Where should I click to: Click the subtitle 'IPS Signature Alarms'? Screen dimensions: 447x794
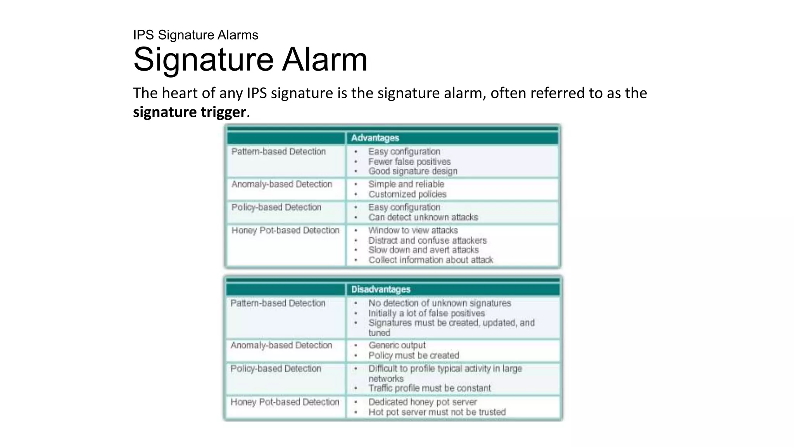point(195,35)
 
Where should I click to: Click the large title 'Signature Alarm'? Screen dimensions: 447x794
point(250,59)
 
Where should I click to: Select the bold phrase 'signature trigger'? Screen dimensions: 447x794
point(189,112)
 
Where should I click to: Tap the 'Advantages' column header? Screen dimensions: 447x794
point(375,138)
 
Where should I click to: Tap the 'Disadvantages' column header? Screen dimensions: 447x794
point(380,289)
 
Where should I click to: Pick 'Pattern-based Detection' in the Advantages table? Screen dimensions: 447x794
point(278,152)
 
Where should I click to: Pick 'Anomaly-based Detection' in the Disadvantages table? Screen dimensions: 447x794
point(281,345)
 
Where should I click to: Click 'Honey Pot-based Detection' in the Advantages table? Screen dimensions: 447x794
point(285,230)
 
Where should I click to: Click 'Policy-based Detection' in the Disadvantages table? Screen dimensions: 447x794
point(276,369)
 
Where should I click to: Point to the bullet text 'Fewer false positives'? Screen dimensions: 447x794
point(409,162)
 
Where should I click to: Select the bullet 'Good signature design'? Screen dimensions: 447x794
point(413,171)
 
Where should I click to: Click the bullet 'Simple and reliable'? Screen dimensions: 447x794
point(406,184)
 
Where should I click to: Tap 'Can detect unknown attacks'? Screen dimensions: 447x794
point(423,217)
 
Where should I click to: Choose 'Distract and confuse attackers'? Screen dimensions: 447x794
point(427,241)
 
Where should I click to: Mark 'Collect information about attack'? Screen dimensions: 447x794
point(430,260)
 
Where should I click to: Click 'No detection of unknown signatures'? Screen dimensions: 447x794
point(439,303)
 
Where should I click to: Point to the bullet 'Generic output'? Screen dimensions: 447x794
point(397,345)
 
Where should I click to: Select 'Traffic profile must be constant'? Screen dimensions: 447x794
point(429,388)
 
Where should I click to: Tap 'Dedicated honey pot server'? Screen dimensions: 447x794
point(422,402)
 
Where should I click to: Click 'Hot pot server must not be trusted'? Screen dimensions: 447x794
point(437,412)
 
